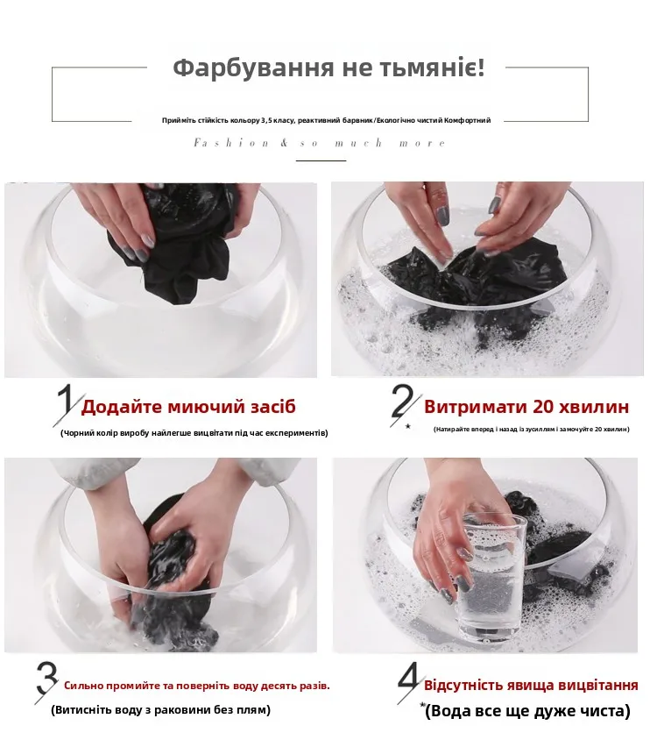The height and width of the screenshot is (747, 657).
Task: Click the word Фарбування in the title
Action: point(253,68)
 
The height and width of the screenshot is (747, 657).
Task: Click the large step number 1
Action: point(67,404)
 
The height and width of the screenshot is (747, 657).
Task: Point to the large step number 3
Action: point(46,682)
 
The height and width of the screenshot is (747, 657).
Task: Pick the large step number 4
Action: point(409,681)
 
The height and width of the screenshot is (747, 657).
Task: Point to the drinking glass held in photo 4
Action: point(491,576)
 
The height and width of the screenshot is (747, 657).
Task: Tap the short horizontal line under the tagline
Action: point(321,161)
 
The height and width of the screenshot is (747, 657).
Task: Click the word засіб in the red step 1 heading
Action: point(272,407)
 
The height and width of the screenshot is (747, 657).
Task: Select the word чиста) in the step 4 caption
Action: point(604,711)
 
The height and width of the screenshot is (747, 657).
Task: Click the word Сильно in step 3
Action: point(83,686)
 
